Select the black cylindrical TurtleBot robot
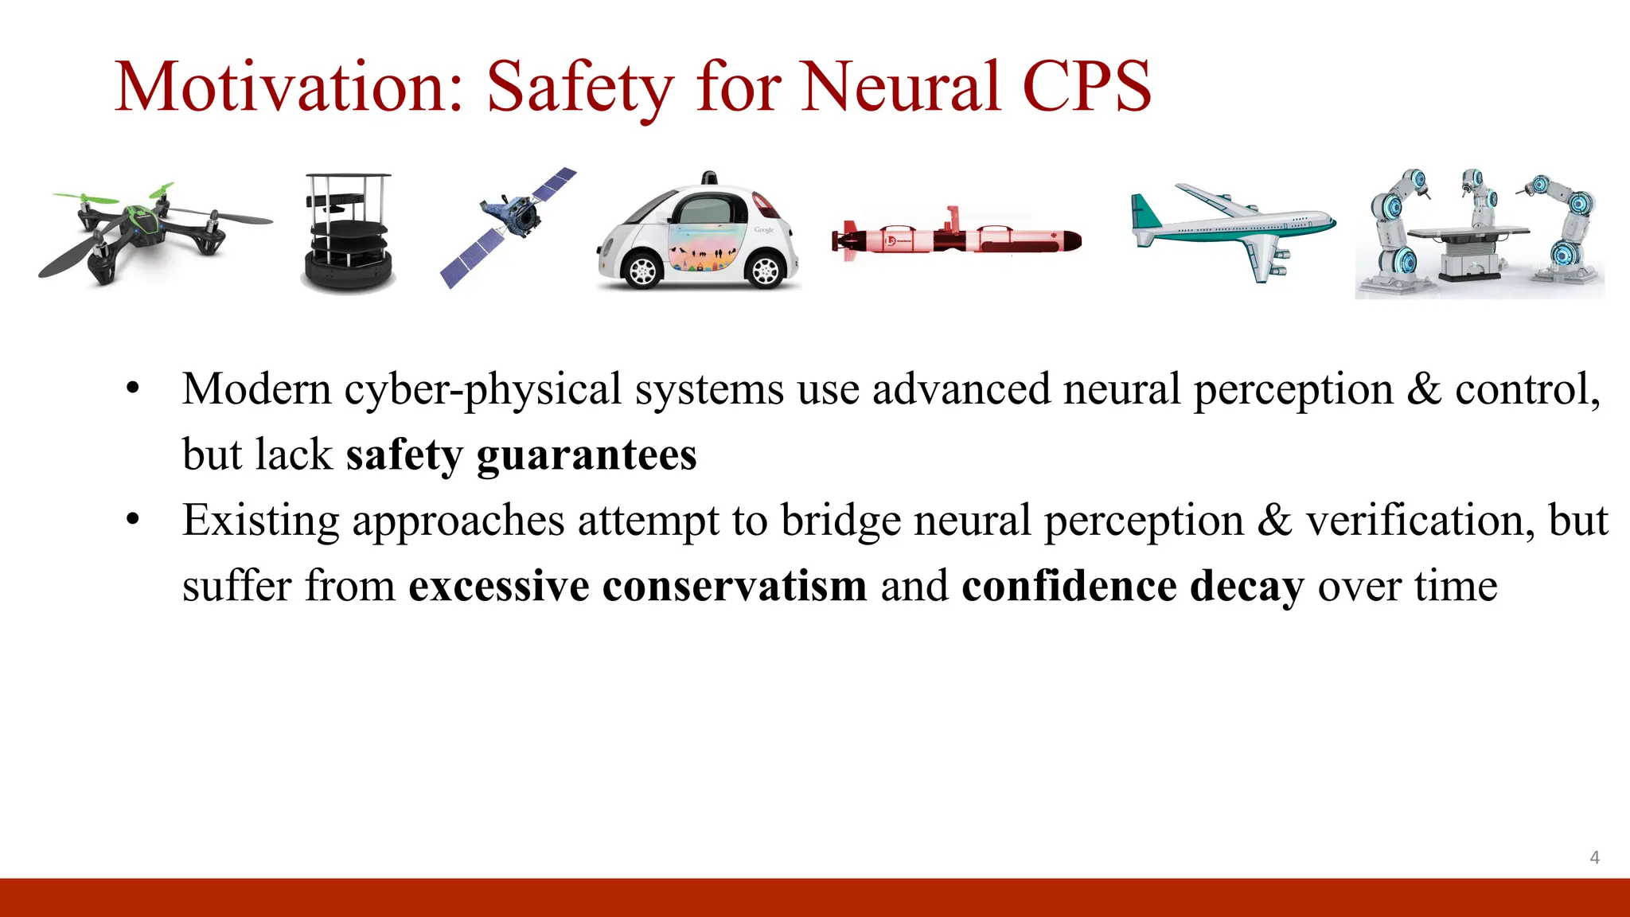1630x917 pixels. pos(349,235)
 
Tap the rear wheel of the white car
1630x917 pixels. pos(765,271)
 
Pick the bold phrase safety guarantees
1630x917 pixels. pos(521,455)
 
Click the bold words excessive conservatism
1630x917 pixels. pos(637,586)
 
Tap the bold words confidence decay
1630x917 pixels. pos(1132,586)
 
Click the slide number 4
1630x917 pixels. pos(1594,857)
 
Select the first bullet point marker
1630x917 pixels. pos(133,390)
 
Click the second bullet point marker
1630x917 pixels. pos(133,521)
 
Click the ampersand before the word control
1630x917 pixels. pos(1424,390)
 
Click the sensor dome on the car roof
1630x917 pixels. pos(708,178)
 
